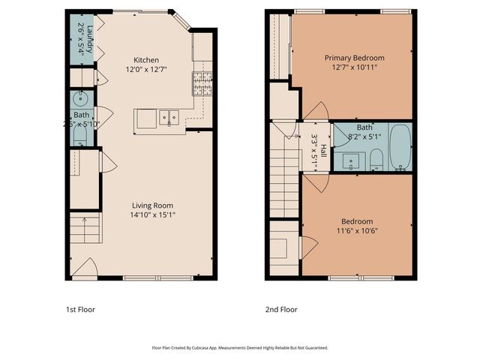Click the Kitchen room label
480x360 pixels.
click(146, 60)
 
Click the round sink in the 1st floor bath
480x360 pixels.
click(81, 98)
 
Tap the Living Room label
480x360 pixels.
click(152, 205)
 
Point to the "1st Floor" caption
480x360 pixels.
click(80, 309)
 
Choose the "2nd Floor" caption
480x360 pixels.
click(282, 309)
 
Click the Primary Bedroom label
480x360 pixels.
click(354, 58)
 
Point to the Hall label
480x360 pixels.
click(324, 138)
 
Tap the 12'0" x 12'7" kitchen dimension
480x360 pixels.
click(146, 70)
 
